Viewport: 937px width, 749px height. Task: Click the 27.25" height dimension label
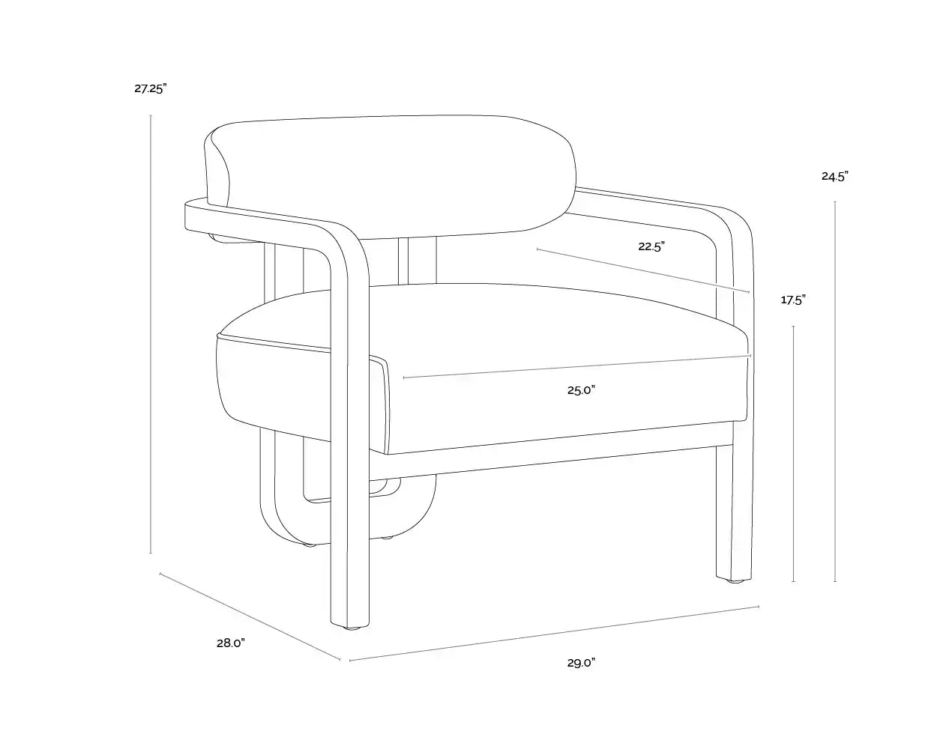pos(150,89)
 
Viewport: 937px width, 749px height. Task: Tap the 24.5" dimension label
pos(834,176)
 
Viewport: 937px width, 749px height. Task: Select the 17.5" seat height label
pos(793,300)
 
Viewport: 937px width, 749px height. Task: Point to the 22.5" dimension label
pos(651,246)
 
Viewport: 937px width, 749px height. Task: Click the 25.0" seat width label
pos(581,390)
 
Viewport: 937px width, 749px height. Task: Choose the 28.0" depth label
pos(231,643)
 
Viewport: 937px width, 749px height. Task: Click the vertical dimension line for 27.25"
pos(151,334)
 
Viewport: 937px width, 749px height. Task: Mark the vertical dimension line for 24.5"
pos(834,392)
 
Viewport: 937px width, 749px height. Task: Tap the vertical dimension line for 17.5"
pos(793,453)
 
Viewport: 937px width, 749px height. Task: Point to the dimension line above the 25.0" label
pos(577,366)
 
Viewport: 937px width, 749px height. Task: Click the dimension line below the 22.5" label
pos(643,270)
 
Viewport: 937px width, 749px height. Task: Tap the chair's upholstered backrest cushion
pos(392,176)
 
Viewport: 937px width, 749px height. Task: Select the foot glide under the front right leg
pos(735,580)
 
